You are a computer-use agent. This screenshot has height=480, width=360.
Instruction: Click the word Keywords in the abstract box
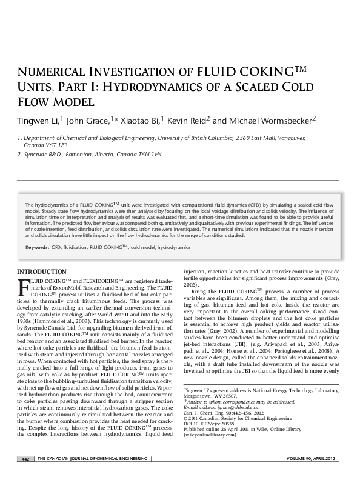37,248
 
